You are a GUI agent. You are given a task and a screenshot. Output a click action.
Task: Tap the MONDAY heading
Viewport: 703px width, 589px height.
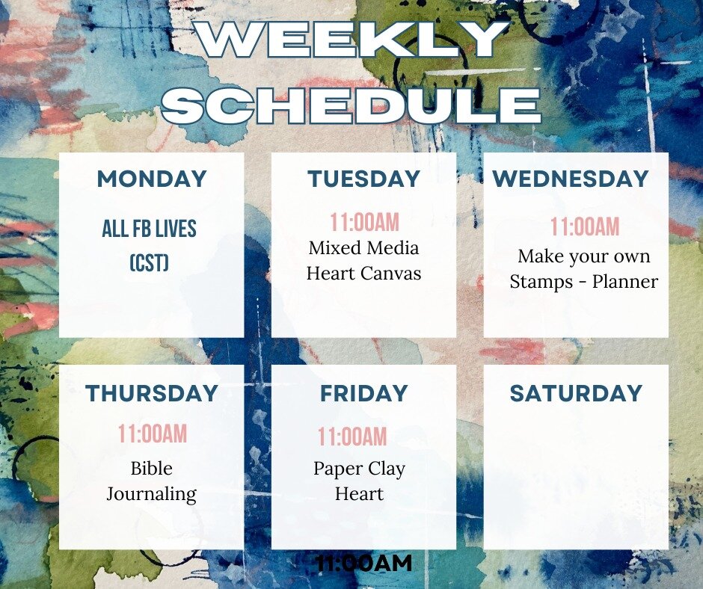[x=152, y=179]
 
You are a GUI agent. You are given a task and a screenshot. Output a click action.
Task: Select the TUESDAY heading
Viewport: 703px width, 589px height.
[x=364, y=179]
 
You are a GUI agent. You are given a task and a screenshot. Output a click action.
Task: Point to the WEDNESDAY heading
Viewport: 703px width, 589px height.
[x=571, y=179]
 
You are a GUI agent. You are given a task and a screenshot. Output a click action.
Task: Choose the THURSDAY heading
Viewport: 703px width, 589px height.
[x=152, y=394]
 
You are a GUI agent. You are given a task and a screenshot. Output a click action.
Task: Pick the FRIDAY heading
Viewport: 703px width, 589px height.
[x=364, y=394]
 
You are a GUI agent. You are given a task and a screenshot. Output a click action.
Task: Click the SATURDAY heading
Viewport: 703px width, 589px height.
[x=576, y=394]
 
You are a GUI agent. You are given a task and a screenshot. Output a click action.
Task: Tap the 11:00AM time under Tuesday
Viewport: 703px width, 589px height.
[x=365, y=222]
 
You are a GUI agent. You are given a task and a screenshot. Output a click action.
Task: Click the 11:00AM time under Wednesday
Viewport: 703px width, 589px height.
[x=585, y=226]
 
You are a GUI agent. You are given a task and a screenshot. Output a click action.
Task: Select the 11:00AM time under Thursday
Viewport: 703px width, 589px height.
[x=153, y=434]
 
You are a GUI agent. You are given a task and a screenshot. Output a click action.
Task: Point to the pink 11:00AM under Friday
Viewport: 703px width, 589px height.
[x=352, y=437]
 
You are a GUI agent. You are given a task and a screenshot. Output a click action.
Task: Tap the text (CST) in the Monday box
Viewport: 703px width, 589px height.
[x=149, y=263]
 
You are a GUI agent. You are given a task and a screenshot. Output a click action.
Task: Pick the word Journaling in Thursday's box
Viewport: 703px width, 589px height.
[x=152, y=494]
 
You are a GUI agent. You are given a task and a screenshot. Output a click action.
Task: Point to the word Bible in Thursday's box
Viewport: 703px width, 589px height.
[x=152, y=469]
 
